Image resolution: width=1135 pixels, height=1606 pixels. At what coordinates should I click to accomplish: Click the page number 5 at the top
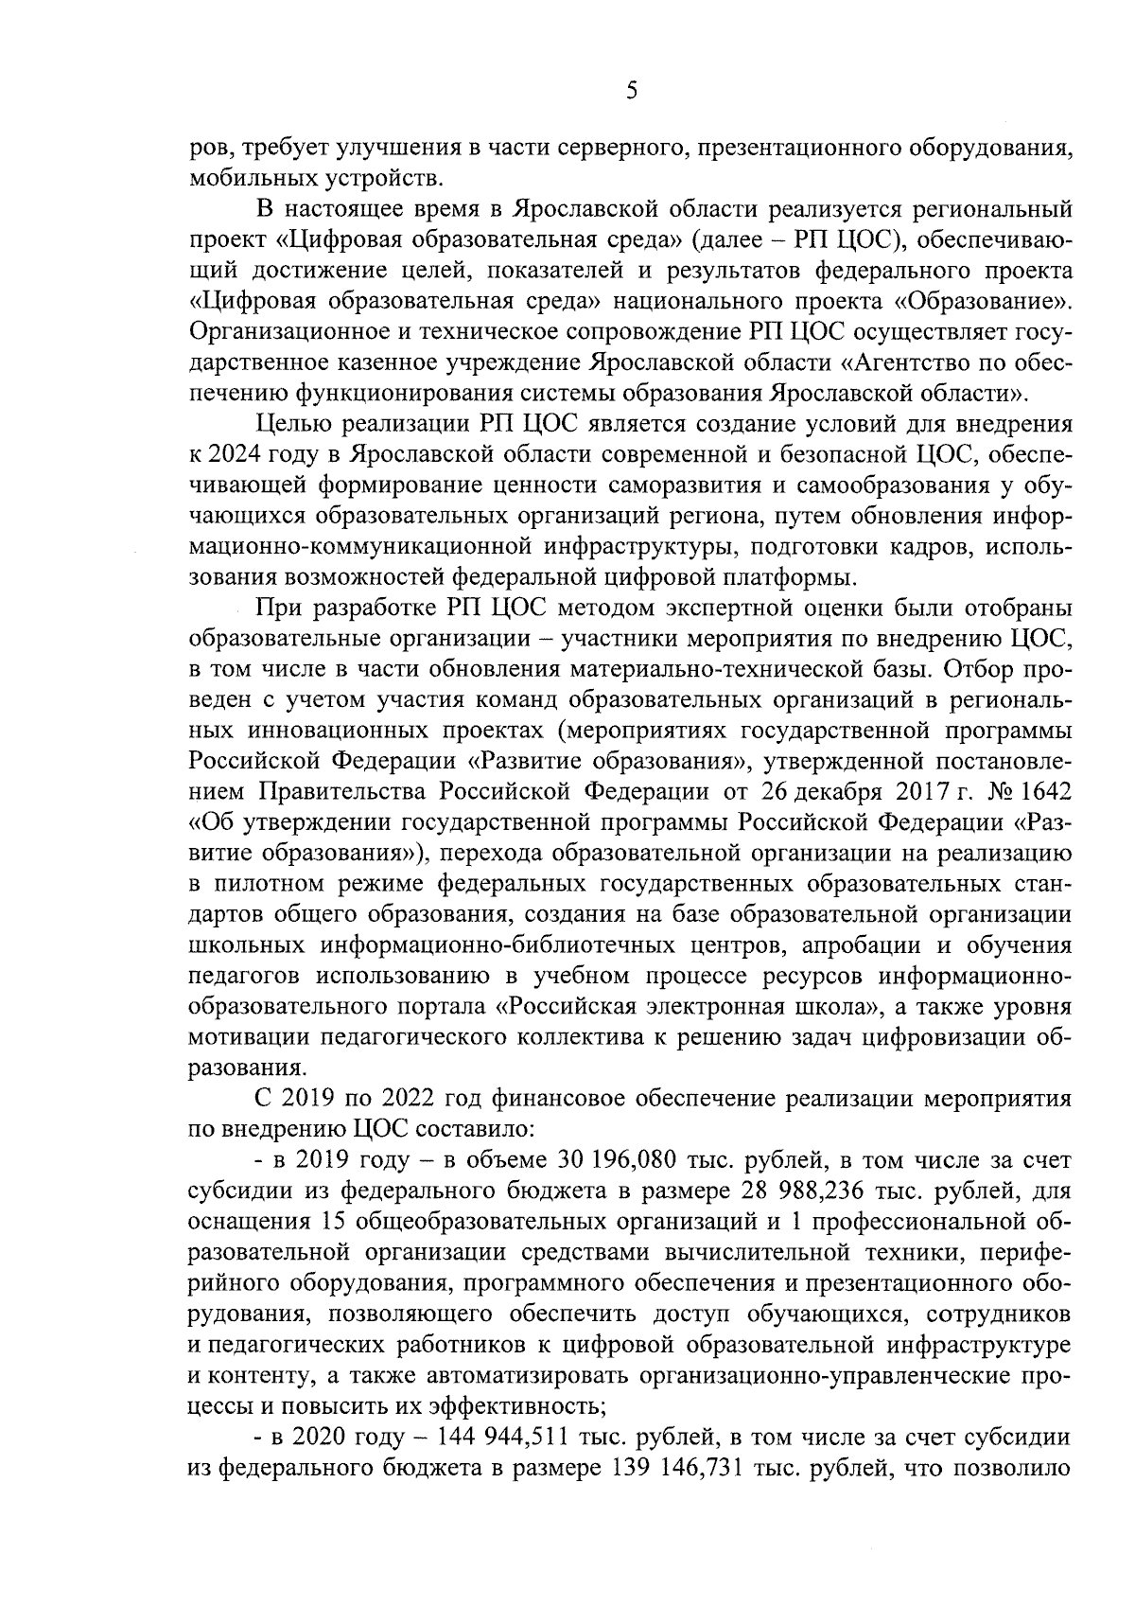coord(631,91)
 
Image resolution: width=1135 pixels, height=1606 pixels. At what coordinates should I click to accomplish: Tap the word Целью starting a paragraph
coord(289,424)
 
